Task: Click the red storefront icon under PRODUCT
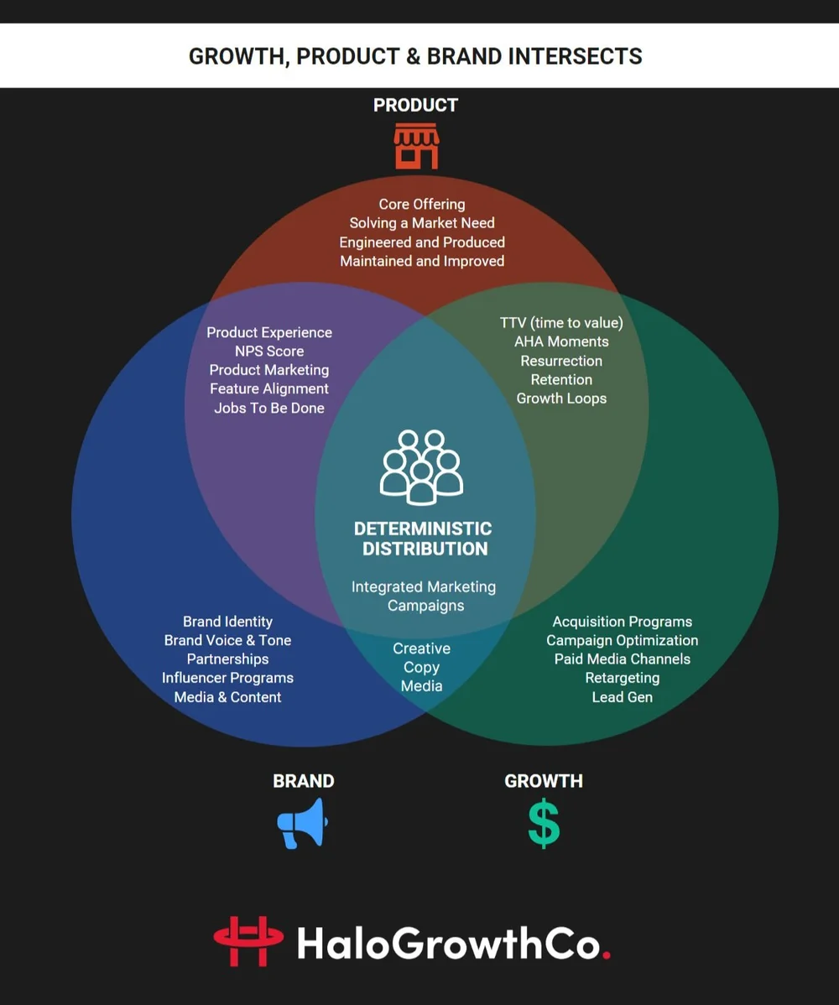pos(416,146)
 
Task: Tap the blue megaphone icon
pos(302,823)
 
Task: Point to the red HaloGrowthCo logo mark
pos(248,940)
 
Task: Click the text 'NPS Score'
pos(269,351)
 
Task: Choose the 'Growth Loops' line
pos(561,398)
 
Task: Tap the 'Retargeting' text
pos(622,678)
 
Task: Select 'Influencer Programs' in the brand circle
pos(227,678)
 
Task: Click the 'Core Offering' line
pos(422,204)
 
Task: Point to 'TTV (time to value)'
pos(561,323)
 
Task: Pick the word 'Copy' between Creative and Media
pos(421,668)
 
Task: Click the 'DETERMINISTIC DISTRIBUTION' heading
pos(423,539)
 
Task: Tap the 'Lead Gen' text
pos(622,697)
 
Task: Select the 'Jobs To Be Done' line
pos(269,409)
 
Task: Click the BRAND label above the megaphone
pos(304,781)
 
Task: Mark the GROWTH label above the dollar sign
pos(544,781)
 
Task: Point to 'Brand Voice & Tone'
pos(227,640)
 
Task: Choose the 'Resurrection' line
pos(561,361)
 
